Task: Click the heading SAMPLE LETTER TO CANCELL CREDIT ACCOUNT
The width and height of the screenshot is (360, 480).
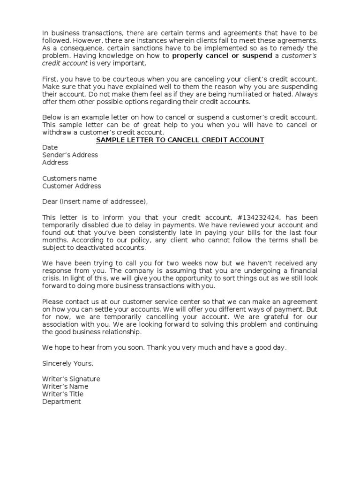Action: (x=180, y=140)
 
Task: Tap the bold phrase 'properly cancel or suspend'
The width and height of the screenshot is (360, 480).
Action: (x=222, y=56)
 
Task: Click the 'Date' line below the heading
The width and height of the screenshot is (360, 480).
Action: (x=50, y=148)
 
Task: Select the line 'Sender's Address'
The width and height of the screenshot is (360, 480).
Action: (x=70, y=155)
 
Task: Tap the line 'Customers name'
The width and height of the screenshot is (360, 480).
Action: (x=69, y=178)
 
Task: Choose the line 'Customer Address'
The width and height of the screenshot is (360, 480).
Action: (x=72, y=186)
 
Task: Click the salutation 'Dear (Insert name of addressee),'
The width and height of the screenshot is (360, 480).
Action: (x=95, y=202)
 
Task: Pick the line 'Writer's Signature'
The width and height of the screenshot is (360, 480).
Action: (x=71, y=379)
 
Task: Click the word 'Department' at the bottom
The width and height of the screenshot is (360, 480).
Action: (x=61, y=402)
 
